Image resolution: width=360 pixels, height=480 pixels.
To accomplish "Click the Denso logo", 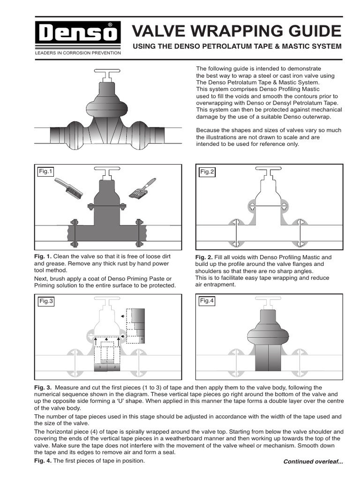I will pos(78,33).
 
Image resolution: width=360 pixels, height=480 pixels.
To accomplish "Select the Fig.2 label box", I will pos(207,172).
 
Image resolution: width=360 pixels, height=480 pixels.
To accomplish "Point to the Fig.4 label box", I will pos(207,301).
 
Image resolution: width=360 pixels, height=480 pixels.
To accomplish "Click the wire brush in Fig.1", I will pos(69,188).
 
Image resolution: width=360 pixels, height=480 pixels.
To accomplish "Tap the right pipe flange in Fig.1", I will pos(138,232).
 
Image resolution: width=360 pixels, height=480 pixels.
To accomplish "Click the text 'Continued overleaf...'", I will pos(313,462).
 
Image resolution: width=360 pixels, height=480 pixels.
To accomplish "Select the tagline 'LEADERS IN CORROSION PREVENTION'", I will pos(78,53).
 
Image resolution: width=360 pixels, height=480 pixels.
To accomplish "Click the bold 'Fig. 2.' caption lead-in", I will pos(204,257).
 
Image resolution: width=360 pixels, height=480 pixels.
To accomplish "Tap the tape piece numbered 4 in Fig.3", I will pos(141,338).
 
